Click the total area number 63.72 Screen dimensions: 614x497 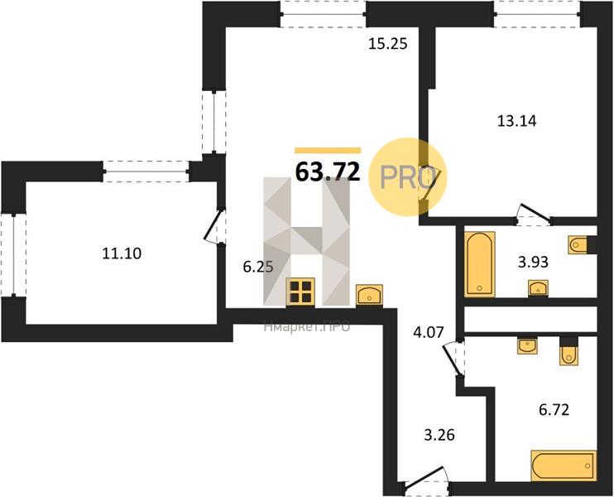tap(328, 171)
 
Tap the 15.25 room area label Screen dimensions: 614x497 tap(387, 44)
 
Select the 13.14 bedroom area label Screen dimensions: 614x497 tap(517, 121)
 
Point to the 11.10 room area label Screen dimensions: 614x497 tap(122, 253)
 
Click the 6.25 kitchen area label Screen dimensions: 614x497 tap(258, 267)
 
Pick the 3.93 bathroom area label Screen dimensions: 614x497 tap(533, 262)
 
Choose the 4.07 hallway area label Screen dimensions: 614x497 tap(429, 333)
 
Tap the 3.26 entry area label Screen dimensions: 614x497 tap(439, 435)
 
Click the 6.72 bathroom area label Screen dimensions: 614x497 tap(554, 410)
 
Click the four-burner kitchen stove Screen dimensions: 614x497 tap(300, 292)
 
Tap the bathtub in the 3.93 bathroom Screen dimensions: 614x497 tap(480, 263)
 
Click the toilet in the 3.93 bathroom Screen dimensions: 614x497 tap(578, 245)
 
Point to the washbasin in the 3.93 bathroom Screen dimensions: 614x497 tap(539, 287)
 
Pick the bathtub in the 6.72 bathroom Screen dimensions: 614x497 tap(564, 466)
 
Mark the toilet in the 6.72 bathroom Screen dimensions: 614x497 tap(568, 351)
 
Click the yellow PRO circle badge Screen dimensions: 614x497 tap(408, 176)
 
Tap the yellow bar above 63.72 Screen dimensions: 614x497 tap(328, 150)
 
